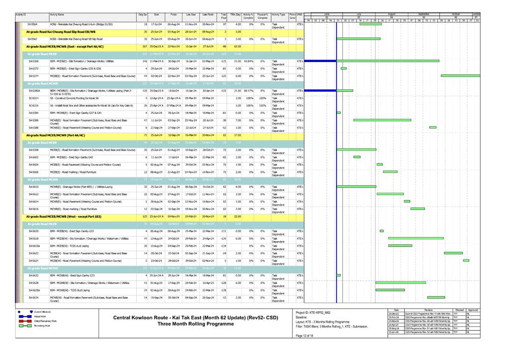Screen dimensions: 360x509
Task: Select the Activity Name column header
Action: pos(57,15)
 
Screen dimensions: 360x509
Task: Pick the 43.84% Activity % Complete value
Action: pos(248,61)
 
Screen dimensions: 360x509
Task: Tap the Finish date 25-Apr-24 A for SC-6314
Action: pos(173,98)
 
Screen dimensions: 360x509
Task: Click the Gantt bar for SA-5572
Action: pos(344,68)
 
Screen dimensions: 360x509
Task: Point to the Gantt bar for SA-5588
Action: pos(433,127)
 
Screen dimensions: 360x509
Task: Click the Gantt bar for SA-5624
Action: pos(466,260)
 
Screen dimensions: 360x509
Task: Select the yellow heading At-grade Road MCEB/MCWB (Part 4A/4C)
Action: pos(55,136)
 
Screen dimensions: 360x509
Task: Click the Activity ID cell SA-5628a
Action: pos(34,290)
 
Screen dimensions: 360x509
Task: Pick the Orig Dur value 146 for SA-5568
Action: pos(144,61)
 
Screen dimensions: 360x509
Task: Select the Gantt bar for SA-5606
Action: pos(390,172)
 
